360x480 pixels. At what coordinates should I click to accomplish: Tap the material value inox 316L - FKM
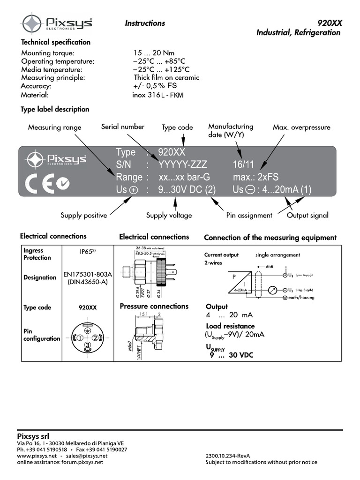(x=157, y=95)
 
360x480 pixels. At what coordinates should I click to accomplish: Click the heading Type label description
(x=55, y=109)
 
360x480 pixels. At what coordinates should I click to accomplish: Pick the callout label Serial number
(x=123, y=127)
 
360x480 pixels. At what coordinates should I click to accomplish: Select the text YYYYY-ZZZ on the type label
(x=182, y=165)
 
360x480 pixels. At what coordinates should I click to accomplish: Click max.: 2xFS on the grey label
(x=255, y=177)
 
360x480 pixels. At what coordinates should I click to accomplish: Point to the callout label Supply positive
(x=83, y=216)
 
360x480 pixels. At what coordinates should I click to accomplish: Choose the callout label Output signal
(x=307, y=216)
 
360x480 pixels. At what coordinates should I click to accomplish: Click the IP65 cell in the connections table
(x=87, y=252)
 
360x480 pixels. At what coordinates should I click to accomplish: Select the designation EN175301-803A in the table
(x=88, y=274)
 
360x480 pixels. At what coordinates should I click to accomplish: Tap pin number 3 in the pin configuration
(x=87, y=346)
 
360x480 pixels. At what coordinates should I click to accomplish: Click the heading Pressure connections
(x=154, y=307)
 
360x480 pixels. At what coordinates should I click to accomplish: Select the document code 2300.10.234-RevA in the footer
(x=228, y=456)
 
